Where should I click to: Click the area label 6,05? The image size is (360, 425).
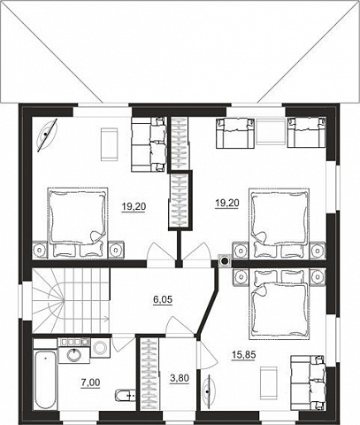[x=163, y=300]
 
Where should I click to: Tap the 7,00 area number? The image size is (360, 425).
[x=90, y=382]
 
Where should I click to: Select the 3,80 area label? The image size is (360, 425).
[x=180, y=378]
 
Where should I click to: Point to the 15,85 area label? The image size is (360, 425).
[x=244, y=354]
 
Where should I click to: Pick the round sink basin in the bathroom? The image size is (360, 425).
[x=73, y=354]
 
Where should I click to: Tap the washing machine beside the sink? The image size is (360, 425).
[x=101, y=347]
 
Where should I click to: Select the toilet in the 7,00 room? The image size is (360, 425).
[x=125, y=395]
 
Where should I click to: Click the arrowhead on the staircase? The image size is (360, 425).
[x=106, y=319]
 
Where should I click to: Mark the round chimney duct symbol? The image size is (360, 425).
[x=225, y=261]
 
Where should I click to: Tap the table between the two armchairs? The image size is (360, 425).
[x=271, y=131]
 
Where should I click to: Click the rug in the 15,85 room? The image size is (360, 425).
[x=268, y=380]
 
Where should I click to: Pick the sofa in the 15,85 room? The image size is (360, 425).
[x=308, y=382]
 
